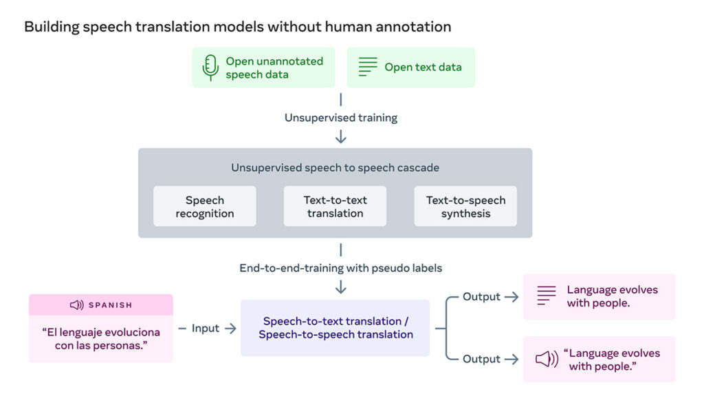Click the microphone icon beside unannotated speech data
[x=210, y=67]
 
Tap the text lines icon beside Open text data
[x=368, y=67]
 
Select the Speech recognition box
[x=204, y=207]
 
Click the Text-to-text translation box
[x=335, y=207]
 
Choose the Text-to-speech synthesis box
[x=465, y=207]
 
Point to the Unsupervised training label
[x=341, y=118]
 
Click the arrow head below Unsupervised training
[x=341, y=138]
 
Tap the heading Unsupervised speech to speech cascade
[x=335, y=168]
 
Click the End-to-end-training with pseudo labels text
[x=341, y=268]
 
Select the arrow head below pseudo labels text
[x=341, y=288]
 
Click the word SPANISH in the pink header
[x=110, y=305]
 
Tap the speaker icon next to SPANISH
[x=77, y=305]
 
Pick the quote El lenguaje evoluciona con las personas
[x=101, y=339]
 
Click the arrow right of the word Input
[x=230, y=329]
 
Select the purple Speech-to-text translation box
[x=335, y=328]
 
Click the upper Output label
[x=481, y=297]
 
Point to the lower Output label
[x=481, y=359]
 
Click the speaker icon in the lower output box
[x=547, y=360]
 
